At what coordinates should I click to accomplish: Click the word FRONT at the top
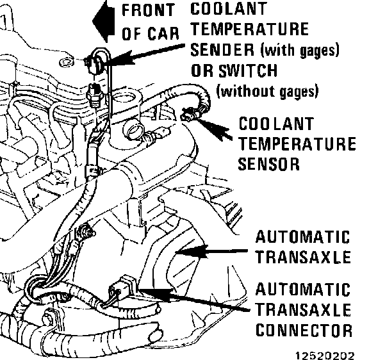[149, 11]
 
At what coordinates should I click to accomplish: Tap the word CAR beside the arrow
[163, 33]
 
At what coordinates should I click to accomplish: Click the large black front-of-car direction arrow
[104, 21]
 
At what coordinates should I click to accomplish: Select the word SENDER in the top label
[222, 50]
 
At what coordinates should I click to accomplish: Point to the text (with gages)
[300, 51]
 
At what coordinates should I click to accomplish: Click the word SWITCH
[248, 70]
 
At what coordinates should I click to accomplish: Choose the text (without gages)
[267, 92]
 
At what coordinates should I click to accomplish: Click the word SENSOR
[269, 164]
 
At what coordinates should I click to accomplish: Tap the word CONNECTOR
[304, 331]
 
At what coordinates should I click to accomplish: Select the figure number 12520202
[325, 356]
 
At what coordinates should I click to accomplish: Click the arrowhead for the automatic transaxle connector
[158, 294]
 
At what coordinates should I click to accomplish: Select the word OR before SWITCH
[202, 70]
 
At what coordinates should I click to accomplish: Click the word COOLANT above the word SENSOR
[276, 124]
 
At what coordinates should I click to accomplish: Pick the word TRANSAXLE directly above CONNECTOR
[304, 310]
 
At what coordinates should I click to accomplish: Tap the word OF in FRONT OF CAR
[132, 33]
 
